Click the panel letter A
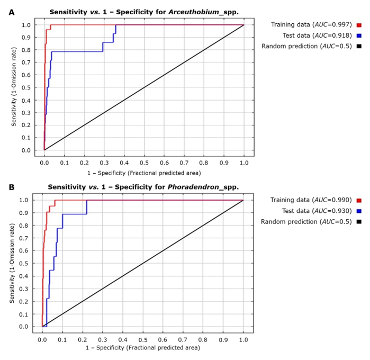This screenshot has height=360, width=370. coord(11,12)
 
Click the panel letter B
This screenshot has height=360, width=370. coord(11,187)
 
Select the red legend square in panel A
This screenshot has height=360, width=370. coord(359,25)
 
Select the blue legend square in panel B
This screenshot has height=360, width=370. coord(358,211)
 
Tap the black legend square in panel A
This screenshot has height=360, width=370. coord(359,47)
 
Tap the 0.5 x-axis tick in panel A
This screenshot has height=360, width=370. coord(144,162)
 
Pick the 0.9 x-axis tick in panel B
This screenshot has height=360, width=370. coord(223,337)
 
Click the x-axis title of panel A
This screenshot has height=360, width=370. coord(144,173)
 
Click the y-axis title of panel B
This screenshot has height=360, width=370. coord(12,264)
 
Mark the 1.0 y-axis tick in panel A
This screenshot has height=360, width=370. coord(26,25)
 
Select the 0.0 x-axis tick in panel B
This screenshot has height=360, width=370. coord(42,337)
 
